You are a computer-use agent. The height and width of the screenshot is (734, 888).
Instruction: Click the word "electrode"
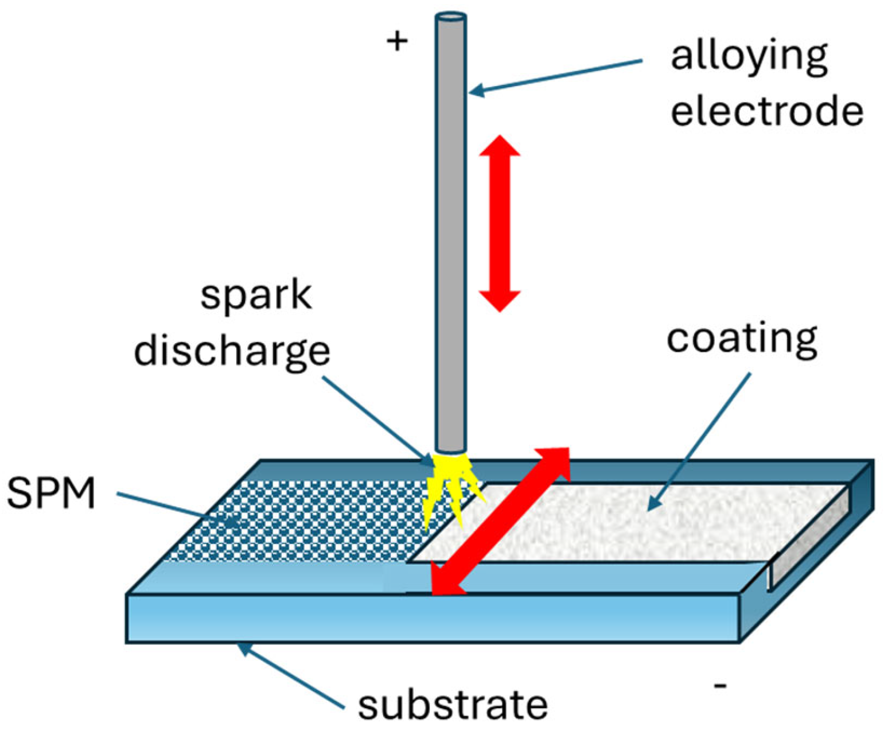click(x=766, y=110)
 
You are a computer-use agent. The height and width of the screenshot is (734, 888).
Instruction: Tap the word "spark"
click(x=256, y=297)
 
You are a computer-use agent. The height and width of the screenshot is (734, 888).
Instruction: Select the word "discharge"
click(x=232, y=351)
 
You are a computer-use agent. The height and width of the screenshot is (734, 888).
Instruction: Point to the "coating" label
click(x=742, y=339)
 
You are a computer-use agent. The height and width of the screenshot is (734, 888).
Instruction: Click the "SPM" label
click(x=51, y=494)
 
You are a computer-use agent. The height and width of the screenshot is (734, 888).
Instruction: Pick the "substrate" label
click(x=453, y=704)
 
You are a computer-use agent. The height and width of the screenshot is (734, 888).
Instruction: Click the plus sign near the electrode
click(x=397, y=41)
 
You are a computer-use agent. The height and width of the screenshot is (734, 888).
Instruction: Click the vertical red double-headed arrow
click(x=500, y=223)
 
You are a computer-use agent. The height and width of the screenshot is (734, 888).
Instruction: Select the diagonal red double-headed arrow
click(x=501, y=521)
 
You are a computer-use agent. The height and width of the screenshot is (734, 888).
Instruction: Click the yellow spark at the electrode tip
click(x=449, y=485)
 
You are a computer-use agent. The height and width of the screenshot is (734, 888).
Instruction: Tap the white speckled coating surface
click(x=631, y=522)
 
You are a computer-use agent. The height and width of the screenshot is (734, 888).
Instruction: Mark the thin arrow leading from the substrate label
click(x=293, y=677)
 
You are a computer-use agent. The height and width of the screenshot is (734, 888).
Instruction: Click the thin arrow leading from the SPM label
click(x=178, y=508)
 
